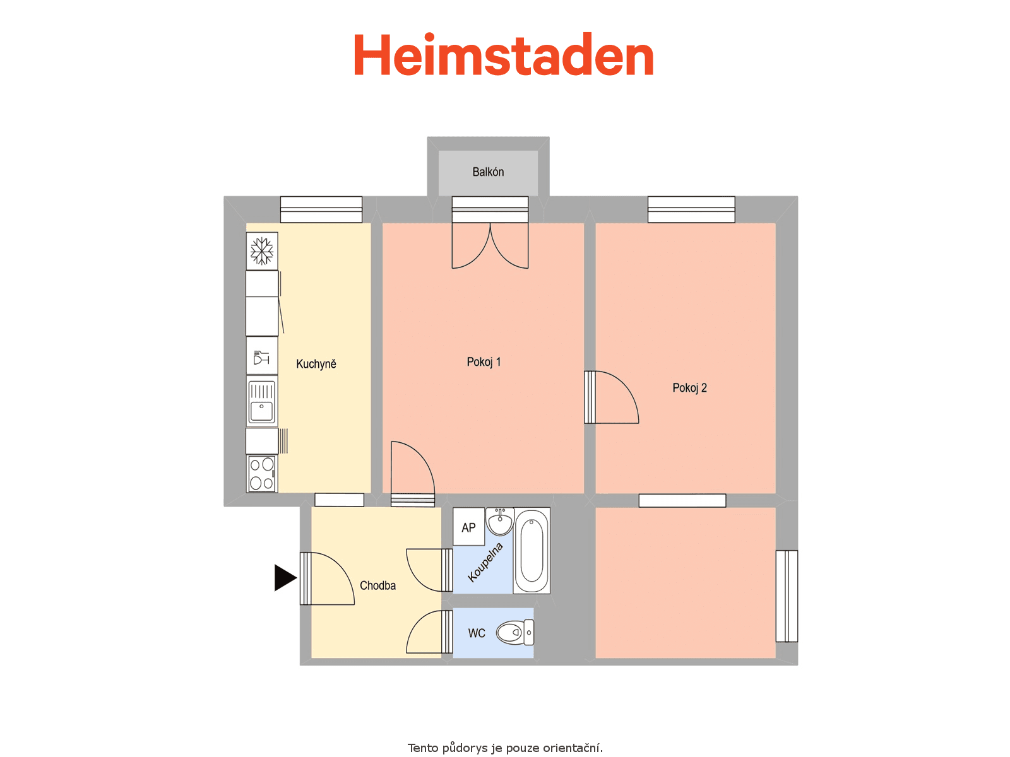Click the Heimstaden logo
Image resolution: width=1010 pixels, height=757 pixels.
pyautogui.click(x=503, y=54)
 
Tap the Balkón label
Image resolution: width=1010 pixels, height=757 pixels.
pyautogui.click(x=488, y=172)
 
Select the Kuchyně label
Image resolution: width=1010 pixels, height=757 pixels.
pyautogui.click(x=316, y=364)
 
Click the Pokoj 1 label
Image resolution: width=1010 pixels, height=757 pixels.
pyautogui.click(x=484, y=362)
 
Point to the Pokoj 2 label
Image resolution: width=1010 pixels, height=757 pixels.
pyautogui.click(x=689, y=388)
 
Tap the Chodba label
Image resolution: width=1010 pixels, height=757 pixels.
pyautogui.click(x=377, y=585)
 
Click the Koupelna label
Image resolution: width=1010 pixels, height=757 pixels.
pyautogui.click(x=485, y=562)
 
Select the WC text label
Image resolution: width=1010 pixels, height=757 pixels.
pyautogui.click(x=477, y=633)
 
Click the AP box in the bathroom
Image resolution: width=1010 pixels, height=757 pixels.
pyautogui.click(x=469, y=527)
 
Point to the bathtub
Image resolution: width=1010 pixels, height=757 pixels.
pyautogui.click(x=532, y=551)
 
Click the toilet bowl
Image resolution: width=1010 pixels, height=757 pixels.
pyautogui.click(x=515, y=633)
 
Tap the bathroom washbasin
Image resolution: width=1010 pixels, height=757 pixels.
pyautogui.click(x=500, y=522)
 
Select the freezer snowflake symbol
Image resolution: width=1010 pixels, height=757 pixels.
pyautogui.click(x=262, y=251)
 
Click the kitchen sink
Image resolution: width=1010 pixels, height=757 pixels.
pyautogui.click(x=262, y=401)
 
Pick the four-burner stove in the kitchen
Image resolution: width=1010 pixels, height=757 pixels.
pyautogui.click(x=262, y=474)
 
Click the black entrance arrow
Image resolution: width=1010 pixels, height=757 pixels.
pyautogui.click(x=285, y=578)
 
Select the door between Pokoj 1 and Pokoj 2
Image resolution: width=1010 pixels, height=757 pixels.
pyautogui.click(x=612, y=397)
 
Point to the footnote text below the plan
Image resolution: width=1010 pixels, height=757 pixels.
pyautogui.click(x=505, y=748)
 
